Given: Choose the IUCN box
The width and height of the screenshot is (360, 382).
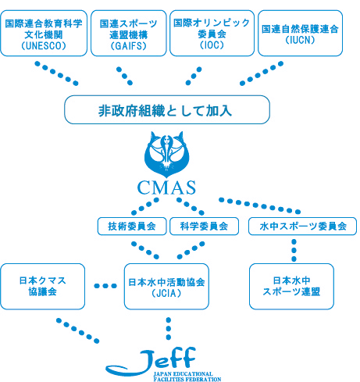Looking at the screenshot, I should coord(300,34).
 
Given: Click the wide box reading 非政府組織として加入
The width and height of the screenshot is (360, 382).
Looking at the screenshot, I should coord(166,110).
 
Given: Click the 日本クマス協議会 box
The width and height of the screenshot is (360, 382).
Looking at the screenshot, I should coord(41,286).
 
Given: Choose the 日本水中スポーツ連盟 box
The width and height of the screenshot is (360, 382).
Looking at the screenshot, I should coord(291,286).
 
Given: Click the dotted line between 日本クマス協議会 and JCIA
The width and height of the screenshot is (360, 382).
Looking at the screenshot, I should coord(103,286).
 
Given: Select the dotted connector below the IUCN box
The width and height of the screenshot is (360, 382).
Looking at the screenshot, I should coord(262,74).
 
